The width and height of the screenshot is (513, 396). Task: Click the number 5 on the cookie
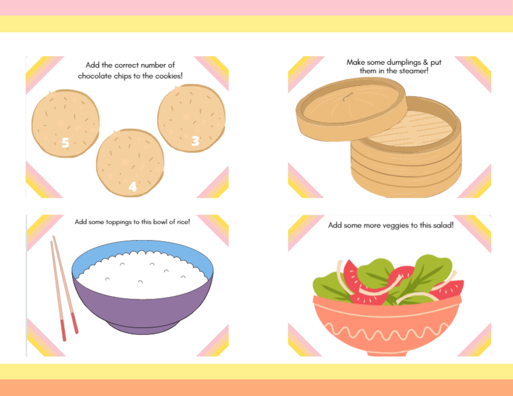(x=65, y=143)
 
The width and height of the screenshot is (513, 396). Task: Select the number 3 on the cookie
(x=195, y=141)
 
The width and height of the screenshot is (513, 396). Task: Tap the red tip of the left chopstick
(x=63, y=331)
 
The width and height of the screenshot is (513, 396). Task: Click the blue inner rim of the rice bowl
(x=142, y=246)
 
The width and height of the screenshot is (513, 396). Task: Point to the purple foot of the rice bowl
(x=142, y=329)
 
